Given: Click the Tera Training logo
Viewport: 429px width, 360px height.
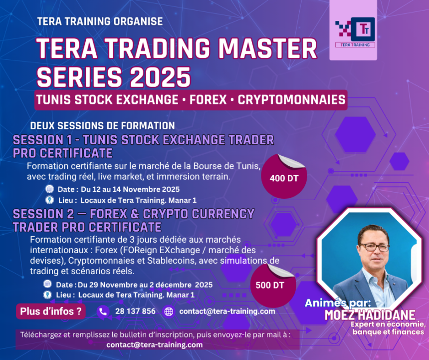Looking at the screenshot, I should pyautogui.click(x=355, y=32).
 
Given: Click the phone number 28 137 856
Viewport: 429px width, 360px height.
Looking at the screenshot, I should pyautogui.click(x=135, y=312).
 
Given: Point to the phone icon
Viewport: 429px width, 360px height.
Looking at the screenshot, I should pyautogui.click(x=103, y=312).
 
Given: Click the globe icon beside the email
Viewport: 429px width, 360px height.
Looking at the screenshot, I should pyautogui.click(x=169, y=312).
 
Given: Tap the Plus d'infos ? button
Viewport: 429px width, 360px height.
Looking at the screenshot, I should pyautogui.click(x=50, y=312).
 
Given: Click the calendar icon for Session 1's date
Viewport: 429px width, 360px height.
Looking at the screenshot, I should pyautogui.click(x=49, y=189).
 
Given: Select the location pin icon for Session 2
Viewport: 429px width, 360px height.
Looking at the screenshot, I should pyautogui.click(x=48, y=295).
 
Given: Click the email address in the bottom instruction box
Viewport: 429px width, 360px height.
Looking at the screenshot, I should pyautogui.click(x=154, y=345).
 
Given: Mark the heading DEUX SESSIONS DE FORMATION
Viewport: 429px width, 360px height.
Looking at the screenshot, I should pyautogui.click(x=102, y=125).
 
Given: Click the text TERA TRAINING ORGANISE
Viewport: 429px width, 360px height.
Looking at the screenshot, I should pyautogui.click(x=100, y=21).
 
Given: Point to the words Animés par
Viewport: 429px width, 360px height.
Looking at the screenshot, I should pyautogui.click(x=338, y=303).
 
